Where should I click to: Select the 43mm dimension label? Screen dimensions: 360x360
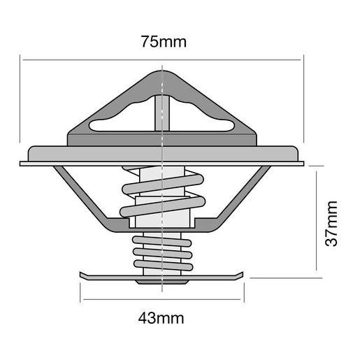coord(161,319)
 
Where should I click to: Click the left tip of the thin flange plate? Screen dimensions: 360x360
coord(22,164)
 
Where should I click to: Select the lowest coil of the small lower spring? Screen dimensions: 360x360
coord(162,266)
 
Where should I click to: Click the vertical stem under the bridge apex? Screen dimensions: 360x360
coord(161,112)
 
